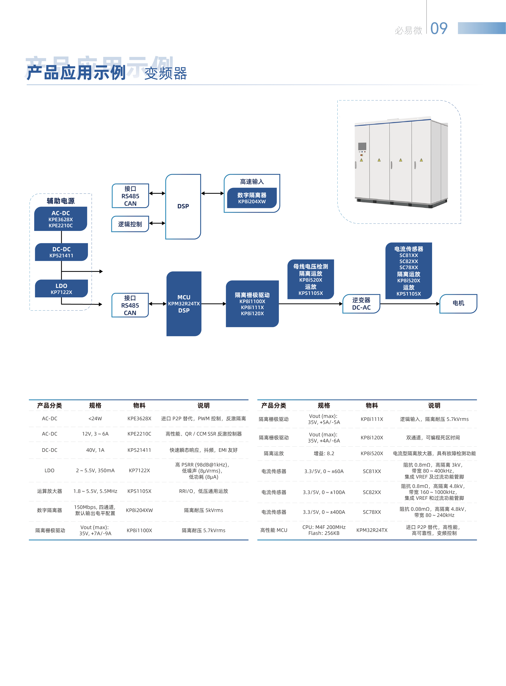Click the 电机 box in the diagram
point(458,304)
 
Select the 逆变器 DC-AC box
point(361,304)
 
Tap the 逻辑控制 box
point(130,224)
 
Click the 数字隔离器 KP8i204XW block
point(252,198)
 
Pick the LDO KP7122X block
point(61,288)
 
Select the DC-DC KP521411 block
point(61,252)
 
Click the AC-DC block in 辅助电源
point(61,219)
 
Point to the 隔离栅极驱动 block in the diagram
point(252,304)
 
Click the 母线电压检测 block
point(311,279)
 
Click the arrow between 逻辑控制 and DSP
point(157,223)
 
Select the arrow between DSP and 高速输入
point(213,193)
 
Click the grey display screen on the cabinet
point(362,146)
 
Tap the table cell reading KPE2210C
point(139,434)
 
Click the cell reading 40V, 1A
point(95,450)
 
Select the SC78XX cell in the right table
point(372,512)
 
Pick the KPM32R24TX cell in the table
point(372,530)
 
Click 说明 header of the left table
point(204,405)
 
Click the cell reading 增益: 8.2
point(324,453)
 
